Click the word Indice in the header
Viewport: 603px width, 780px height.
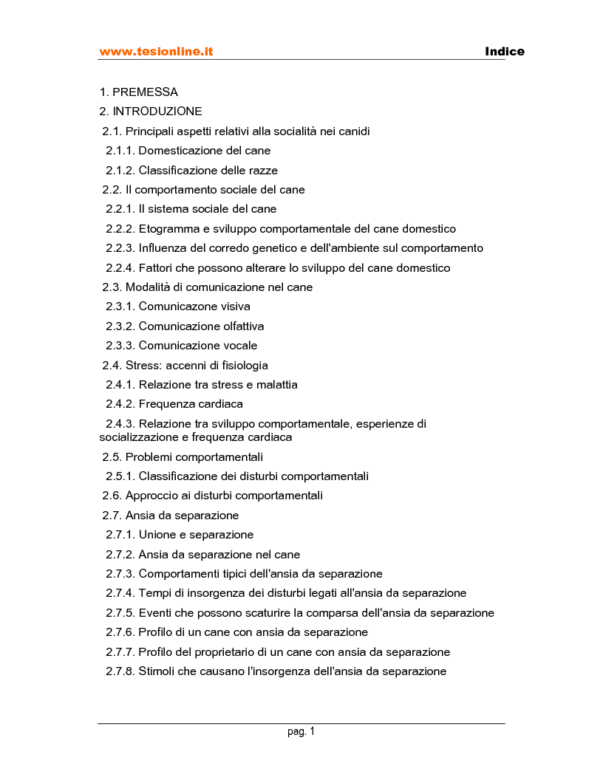[x=505, y=52]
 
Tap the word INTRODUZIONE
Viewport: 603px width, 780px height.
[x=157, y=112]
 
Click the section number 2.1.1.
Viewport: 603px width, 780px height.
[x=120, y=151]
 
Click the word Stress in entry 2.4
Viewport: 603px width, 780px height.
[x=141, y=366]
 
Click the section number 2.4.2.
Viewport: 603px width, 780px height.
[x=120, y=404]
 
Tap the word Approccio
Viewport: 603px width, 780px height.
[x=151, y=496]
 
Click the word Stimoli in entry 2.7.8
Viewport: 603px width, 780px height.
[x=158, y=671]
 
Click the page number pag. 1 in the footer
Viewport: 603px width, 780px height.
[x=301, y=732]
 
